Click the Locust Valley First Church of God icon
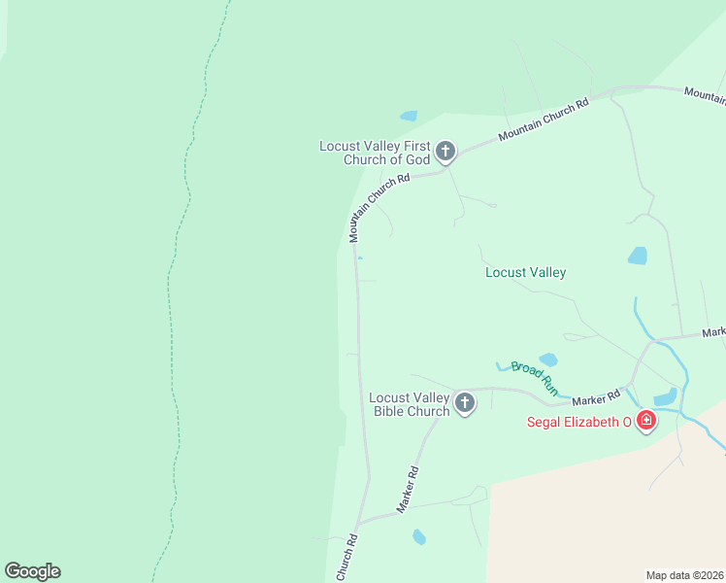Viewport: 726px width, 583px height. click(445, 151)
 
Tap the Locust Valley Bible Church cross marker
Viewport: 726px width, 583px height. click(465, 403)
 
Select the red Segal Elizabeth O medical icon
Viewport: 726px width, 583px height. click(646, 421)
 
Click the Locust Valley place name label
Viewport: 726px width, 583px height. click(525, 273)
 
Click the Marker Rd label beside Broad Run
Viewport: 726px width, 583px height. click(596, 397)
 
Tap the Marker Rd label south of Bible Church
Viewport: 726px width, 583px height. click(408, 490)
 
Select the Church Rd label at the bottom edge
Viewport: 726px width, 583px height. click(347, 560)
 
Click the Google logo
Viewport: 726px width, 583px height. click(32, 571)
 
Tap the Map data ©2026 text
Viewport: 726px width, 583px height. click(684, 574)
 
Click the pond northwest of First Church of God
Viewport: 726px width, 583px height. click(409, 116)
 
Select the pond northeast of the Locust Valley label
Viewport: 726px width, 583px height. click(638, 256)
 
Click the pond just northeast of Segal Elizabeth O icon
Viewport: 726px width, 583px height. click(666, 396)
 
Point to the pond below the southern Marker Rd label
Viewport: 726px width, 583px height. click(419, 536)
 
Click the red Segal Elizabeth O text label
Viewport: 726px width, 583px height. click(578, 422)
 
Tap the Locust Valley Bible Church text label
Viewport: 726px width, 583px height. click(410, 404)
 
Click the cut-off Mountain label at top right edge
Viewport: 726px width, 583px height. click(706, 93)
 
